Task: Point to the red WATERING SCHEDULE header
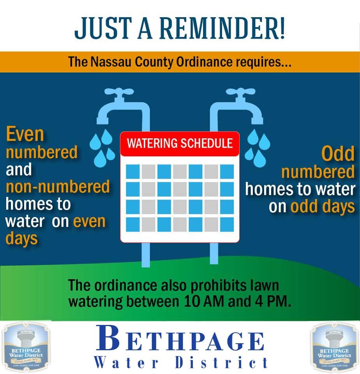click(180, 143)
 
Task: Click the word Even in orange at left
click(25, 135)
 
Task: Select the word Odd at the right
click(338, 154)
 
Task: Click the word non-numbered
click(58, 187)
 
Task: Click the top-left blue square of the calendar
click(132, 171)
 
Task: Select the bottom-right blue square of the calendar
click(227, 224)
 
